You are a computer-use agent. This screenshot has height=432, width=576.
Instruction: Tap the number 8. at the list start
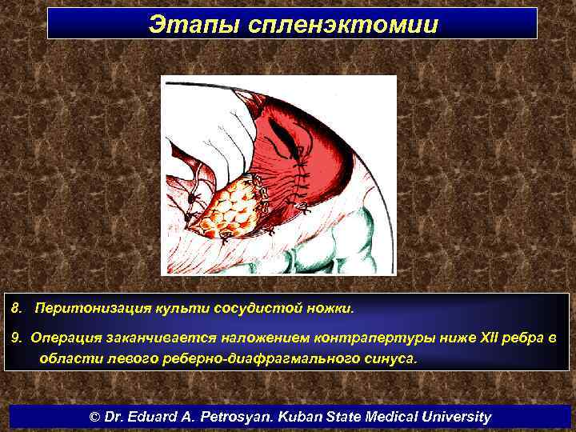(18, 308)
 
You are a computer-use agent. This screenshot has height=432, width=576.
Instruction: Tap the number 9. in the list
(17, 338)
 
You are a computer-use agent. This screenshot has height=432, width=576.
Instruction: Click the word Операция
(65, 338)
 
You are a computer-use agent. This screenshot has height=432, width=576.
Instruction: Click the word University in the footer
(455, 417)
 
